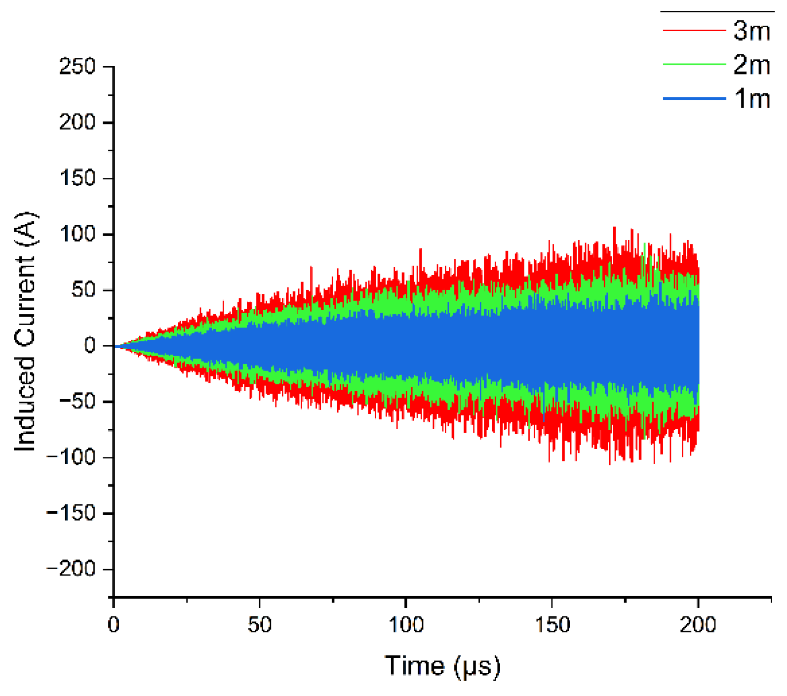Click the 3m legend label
(751, 31)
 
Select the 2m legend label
(751, 65)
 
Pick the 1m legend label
(752, 98)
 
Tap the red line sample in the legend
(694, 31)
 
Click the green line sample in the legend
(694, 64)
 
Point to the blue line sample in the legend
(694, 98)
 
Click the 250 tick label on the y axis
(77, 66)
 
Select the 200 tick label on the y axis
(77, 122)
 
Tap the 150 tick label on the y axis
(77, 178)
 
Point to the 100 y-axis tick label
(77, 234)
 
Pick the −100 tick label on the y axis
(71, 457)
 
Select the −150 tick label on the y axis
(71, 513)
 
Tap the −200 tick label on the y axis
(71, 569)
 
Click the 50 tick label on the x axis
(260, 625)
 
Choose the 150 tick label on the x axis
(552, 625)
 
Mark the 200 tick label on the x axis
(698, 625)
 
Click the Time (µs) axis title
(442, 666)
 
